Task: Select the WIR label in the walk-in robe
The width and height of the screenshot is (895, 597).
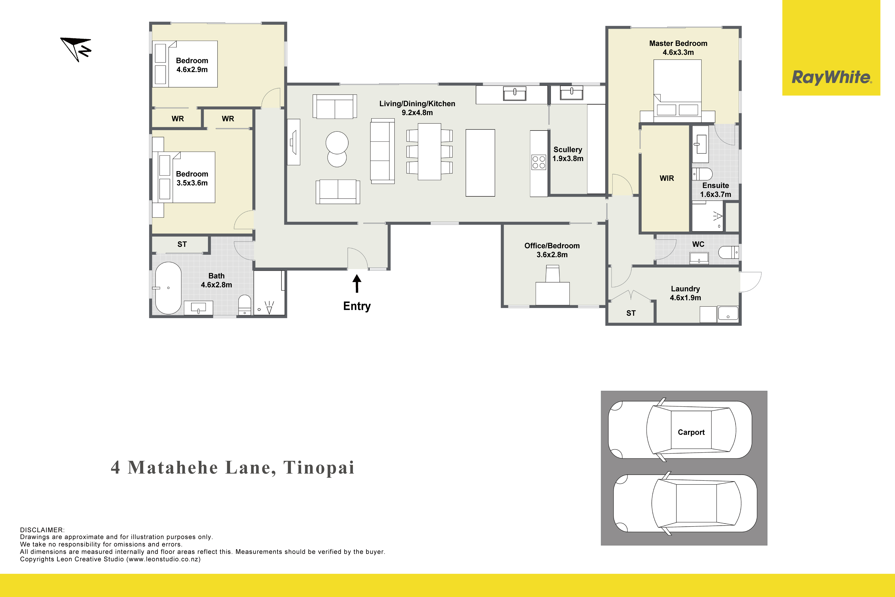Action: point(667,178)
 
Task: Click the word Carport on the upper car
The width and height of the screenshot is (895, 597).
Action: point(691,432)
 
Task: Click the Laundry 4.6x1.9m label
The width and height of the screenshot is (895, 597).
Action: point(685,293)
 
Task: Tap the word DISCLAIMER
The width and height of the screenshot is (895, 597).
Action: point(42,530)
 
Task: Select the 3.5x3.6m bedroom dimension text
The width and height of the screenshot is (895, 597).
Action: point(192,183)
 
